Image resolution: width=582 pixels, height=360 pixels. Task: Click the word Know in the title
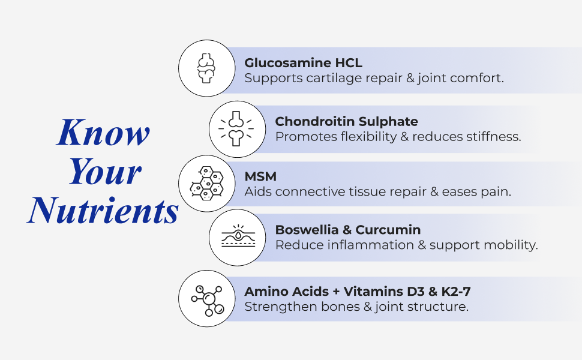click(103, 132)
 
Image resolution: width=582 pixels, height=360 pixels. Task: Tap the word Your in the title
click(105, 171)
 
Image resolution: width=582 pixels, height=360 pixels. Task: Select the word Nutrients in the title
click(103, 210)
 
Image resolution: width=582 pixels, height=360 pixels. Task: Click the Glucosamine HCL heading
click(303, 63)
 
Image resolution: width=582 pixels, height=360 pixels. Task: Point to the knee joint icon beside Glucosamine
click(206, 68)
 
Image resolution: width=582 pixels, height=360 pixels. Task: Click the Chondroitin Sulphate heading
click(346, 121)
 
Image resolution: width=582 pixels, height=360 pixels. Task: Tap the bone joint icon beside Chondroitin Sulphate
click(236, 128)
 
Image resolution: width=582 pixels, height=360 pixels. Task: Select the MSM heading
click(260, 176)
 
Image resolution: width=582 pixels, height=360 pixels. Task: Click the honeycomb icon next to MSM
click(206, 184)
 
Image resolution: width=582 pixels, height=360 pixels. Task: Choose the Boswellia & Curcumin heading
click(348, 230)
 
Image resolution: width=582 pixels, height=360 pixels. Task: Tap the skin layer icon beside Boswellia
click(238, 236)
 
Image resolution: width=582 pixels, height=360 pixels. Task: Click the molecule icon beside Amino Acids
click(208, 301)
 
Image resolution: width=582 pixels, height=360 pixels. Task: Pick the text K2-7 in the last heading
click(456, 292)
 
